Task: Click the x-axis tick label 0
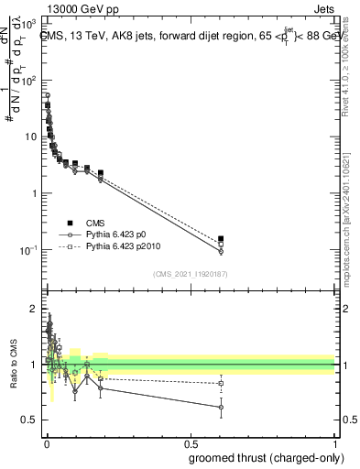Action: coord(46,443)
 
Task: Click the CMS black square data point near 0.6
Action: coord(221,239)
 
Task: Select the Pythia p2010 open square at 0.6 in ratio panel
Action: coord(221,383)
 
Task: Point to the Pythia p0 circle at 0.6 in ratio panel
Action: coord(221,407)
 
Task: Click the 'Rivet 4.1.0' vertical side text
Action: coord(351,73)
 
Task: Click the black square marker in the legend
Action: coord(69,221)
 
